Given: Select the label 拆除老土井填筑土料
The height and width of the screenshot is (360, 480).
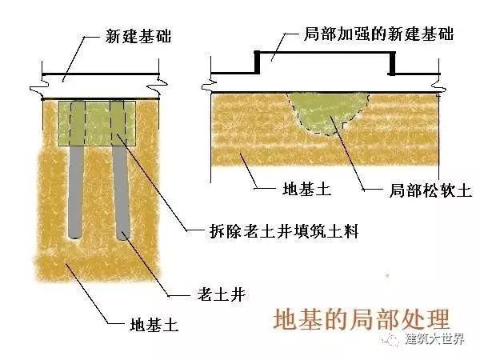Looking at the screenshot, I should click(285, 231).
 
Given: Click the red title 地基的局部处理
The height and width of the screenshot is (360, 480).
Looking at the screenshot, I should click(362, 318).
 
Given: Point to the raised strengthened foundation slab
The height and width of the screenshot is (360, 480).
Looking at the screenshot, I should click(324, 64).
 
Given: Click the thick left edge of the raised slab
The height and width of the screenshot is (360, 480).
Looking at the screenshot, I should click(256, 62).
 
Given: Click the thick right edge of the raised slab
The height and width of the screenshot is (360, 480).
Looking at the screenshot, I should click(393, 62).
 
